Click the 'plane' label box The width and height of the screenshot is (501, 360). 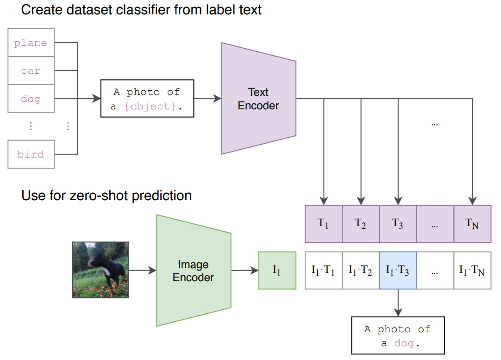31,43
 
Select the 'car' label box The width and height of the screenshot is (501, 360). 31,70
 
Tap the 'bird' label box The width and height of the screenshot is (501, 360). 31,154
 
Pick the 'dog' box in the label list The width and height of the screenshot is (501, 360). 31,98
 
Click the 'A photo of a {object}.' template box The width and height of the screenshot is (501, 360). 147,98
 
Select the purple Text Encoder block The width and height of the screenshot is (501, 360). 258,98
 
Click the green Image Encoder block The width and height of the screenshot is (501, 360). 193,271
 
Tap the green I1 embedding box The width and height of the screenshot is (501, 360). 277,271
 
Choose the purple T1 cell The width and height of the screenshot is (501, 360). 324,224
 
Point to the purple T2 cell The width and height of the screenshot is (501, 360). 361,224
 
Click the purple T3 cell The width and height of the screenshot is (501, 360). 398,224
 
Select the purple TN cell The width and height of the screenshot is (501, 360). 472,224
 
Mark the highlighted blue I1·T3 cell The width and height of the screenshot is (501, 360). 398,271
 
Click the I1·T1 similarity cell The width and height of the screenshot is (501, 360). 324,271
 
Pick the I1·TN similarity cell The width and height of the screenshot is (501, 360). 472,271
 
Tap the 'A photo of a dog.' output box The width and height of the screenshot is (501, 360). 398,335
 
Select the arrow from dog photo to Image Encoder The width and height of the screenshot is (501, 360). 142,271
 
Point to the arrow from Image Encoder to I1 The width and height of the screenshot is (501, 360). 244,271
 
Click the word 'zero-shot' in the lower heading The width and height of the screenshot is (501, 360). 98,196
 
